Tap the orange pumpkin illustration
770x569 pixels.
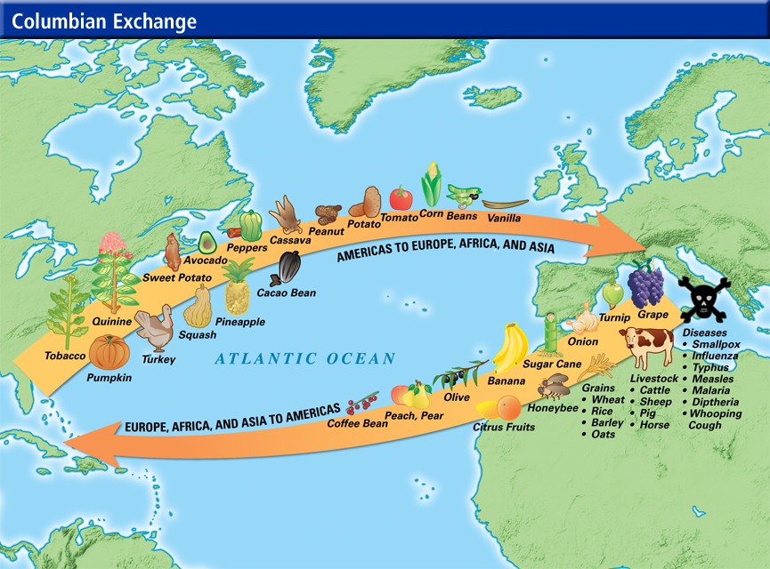pos(109,352)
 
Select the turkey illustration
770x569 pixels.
pos(157,328)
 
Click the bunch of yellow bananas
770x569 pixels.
pos(510,348)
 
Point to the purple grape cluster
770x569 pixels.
pos(646,284)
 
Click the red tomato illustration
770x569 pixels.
pos(401,197)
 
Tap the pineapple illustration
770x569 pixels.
pos(237,289)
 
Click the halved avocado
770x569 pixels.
pos(207,242)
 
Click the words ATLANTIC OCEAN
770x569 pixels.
pos(304,359)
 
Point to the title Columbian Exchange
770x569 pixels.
pos(104,20)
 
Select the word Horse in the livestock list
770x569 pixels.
pos(654,425)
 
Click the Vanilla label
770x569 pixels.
pos(504,217)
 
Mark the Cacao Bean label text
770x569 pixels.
pos(286,293)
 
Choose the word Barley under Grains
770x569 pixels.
pos(608,422)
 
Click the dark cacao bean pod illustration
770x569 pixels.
pos(289,267)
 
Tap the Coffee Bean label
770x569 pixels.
pos(357,424)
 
